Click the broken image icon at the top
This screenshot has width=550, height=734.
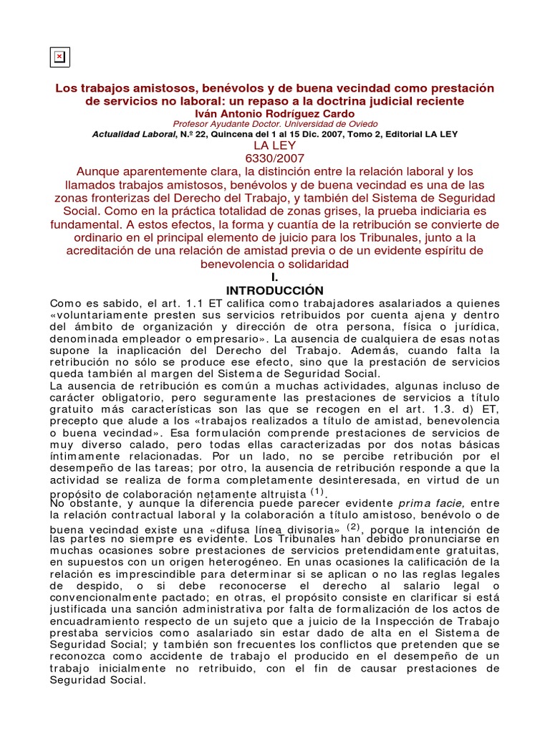point(59,57)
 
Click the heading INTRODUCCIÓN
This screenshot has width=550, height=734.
point(275,290)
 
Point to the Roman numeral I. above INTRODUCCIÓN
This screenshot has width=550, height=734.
point(274,277)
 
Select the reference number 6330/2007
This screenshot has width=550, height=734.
point(275,159)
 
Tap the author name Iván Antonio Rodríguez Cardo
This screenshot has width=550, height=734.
point(275,113)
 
